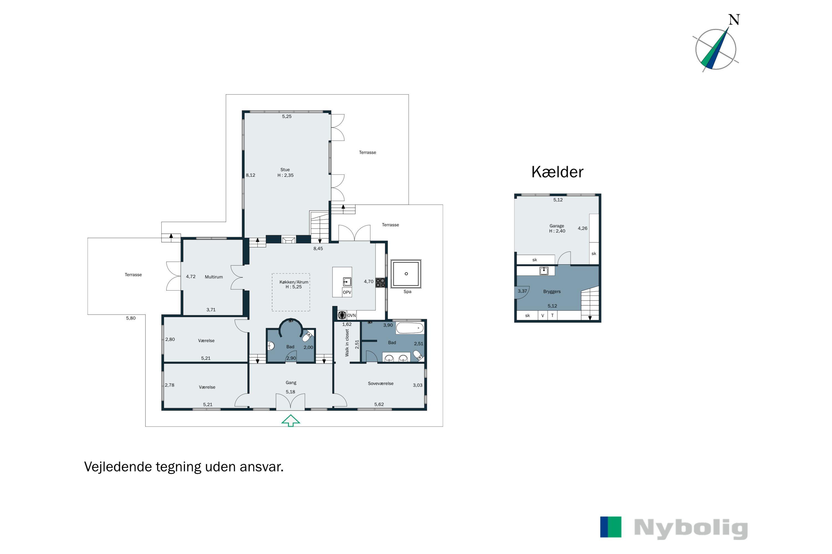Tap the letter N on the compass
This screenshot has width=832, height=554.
[x=734, y=20]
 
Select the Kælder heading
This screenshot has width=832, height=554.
[x=557, y=172]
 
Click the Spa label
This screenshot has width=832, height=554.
[x=407, y=291]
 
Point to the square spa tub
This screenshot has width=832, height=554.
[x=406, y=274]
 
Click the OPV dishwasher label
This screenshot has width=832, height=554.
[x=347, y=292]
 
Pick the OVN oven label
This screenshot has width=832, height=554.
[x=351, y=316]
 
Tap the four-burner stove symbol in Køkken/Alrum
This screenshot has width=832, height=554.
[x=380, y=282]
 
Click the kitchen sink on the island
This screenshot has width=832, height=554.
[x=347, y=282]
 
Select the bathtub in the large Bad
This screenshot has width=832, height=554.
[x=410, y=328]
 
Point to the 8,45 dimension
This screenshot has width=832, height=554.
[x=318, y=248]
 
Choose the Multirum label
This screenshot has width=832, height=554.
[x=214, y=277]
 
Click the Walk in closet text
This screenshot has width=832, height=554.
[x=347, y=342]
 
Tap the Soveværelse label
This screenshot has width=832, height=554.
[x=381, y=383]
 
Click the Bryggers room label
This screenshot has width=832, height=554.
[x=552, y=291]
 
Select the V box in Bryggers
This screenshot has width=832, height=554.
[x=543, y=316]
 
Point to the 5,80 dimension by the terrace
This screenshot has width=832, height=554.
[x=131, y=318]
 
